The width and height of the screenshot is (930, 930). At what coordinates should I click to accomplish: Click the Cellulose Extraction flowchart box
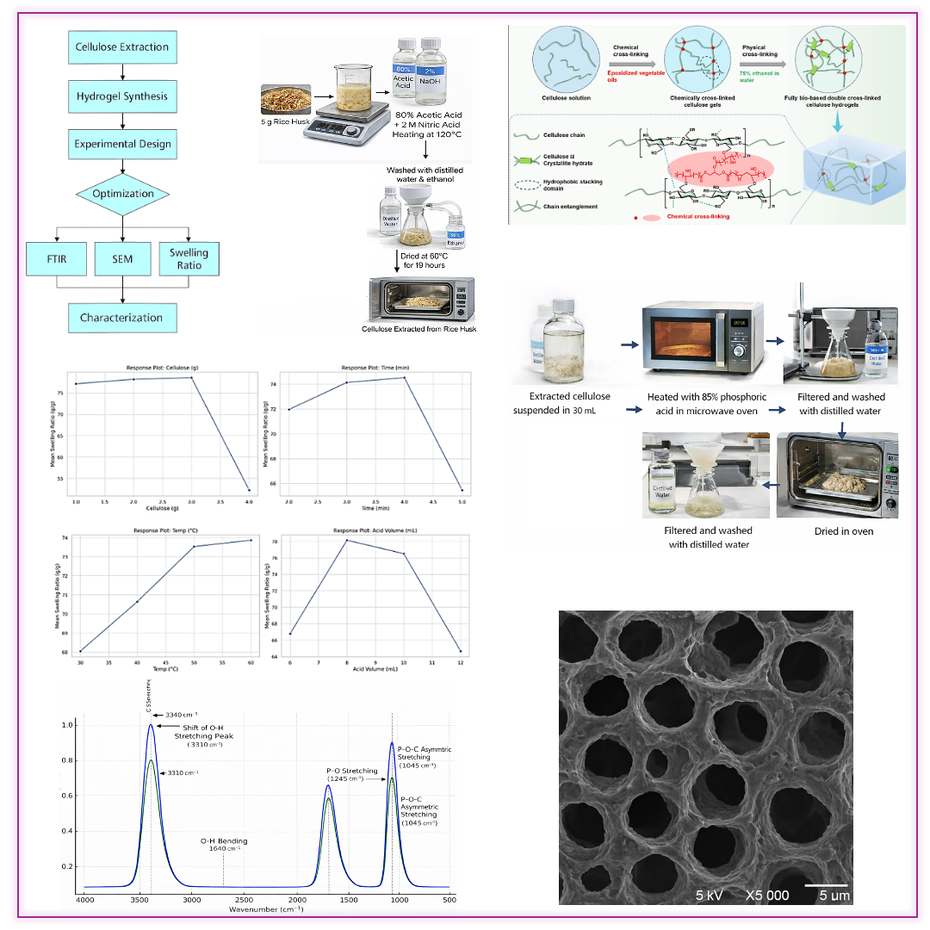pos(122,47)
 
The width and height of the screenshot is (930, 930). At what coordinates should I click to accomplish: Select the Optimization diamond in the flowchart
pos(123,194)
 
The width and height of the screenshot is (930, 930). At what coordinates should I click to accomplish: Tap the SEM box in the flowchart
pos(122,258)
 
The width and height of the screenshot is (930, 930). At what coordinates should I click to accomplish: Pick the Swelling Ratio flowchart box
pos(188,258)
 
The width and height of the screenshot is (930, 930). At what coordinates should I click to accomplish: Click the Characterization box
pos(122,318)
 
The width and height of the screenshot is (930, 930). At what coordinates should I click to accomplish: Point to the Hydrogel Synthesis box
pos(122,96)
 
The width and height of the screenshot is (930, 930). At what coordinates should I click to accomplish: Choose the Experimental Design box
pos(122,145)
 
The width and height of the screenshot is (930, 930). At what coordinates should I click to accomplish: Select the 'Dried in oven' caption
pos(844,531)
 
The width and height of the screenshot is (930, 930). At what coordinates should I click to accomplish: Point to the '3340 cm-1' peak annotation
pos(181,714)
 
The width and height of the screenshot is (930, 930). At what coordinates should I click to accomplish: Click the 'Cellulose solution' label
pos(560,97)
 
